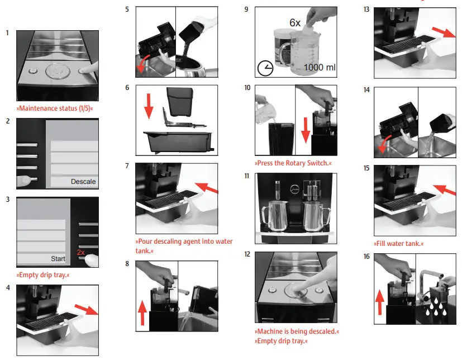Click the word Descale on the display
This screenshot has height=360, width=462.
[x=83, y=181]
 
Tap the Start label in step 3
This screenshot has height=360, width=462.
[x=58, y=259]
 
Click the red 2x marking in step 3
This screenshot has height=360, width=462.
[x=81, y=253]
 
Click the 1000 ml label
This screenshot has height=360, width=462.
[x=320, y=68]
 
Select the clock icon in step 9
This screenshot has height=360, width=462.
[x=265, y=68]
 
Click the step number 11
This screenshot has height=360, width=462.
[x=247, y=176]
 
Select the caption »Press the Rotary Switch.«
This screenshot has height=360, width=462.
[x=293, y=163]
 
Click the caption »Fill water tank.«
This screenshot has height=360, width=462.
[x=398, y=244]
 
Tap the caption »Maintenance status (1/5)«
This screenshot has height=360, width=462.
[x=55, y=107]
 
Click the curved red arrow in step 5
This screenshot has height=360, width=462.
[x=144, y=63]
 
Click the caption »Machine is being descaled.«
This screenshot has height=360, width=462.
[x=297, y=331]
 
